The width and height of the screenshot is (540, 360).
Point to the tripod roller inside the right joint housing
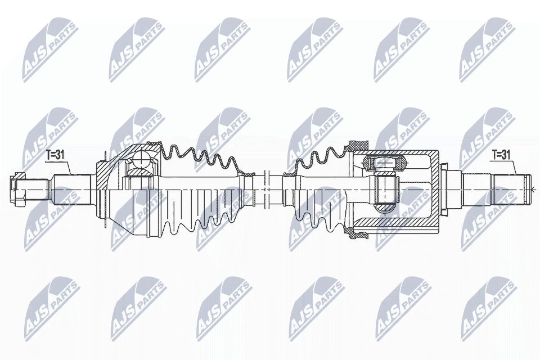tap(385, 163)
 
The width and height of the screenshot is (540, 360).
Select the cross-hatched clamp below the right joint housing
tap(355, 232)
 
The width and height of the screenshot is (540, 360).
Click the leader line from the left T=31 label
tap(67, 167)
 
